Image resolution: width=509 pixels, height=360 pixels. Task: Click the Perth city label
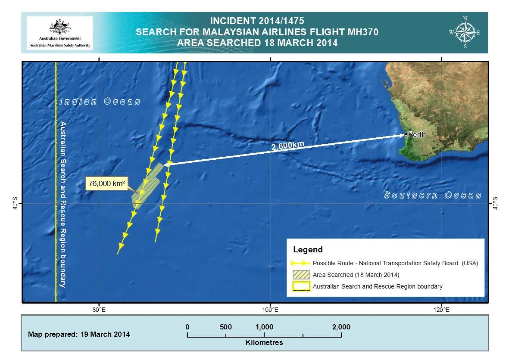(x=417, y=135)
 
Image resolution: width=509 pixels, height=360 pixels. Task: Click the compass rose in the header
(x=465, y=32)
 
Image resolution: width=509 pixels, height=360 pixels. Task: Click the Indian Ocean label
(x=100, y=102)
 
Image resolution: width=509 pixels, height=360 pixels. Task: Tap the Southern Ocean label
(x=432, y=196)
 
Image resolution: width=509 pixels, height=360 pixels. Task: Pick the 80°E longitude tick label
(x=99, y=309)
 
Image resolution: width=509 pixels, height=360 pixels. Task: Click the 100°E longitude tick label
(x=270, y=309)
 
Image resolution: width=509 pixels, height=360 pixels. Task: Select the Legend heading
(x=308, y=250)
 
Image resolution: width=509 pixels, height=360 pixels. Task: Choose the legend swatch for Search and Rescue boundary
(x=301, y=286)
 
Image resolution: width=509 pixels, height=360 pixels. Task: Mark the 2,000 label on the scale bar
(x=341, y=327)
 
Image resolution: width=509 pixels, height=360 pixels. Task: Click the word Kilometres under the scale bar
(x=264, y=343)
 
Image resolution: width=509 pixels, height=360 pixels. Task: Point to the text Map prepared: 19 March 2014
(x=79, y=334)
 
